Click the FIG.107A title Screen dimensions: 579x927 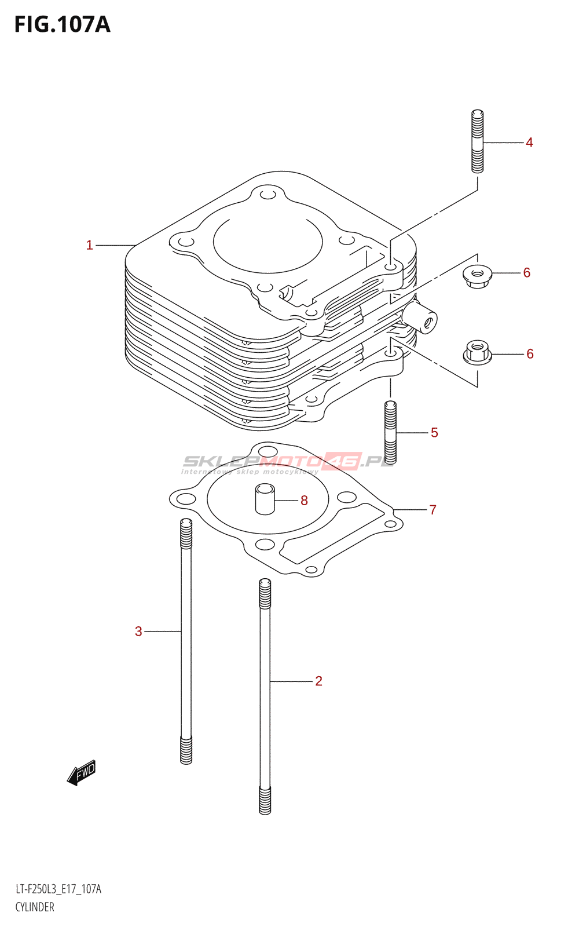click(x=63, y=25)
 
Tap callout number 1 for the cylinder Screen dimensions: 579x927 click(x=89, y=246)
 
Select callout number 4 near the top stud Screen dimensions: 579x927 click(x=529, y=143)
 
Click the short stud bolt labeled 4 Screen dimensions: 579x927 click(x=477, y=141)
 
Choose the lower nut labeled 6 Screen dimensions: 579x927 click(x=477, y=352)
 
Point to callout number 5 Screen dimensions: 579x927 click(x=434, y=433)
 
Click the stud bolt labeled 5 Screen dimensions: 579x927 click(x=390, y=432)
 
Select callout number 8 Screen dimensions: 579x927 click(x=305, y=501)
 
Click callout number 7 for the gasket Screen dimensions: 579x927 click(x=433, y=510)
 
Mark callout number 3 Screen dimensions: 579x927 click(x=138, y=632)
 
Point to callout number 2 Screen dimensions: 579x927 click(x=318, y=681)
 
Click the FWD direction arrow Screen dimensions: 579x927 click(x=82, y=772)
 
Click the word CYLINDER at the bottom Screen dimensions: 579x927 click(x=35, y=907)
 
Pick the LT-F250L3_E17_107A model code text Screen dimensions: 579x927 click(x=58, y=889)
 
